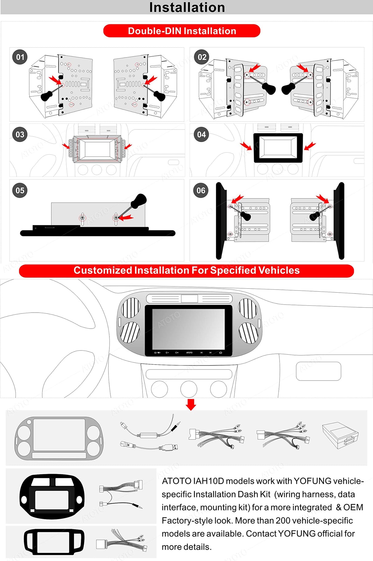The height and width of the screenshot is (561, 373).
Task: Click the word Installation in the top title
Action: (x=187, y=7)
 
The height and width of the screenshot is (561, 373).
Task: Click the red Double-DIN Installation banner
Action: (x=182, y=31)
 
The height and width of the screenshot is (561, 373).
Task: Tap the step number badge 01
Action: (x=20, y=57)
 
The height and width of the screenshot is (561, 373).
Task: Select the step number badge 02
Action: (x=202, y=57)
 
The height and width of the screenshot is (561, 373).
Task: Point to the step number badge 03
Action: (x=20, y=135)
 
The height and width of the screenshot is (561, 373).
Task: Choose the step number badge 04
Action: (x=202, y=135)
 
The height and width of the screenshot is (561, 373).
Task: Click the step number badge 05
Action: (x=20, y=191)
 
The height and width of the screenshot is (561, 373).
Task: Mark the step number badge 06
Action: (x=201, y=191)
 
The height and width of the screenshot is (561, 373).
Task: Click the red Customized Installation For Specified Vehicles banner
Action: (x=186, y=271)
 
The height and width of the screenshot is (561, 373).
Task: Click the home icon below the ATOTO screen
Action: (x=220, y=353)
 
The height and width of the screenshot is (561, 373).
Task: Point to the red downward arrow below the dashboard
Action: (x=191, y=405)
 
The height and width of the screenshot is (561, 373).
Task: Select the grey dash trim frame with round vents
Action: (x=59, y=438)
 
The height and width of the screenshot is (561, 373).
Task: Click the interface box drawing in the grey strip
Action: (x=340, y=435)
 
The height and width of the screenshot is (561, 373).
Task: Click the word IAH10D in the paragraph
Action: (x=209, y=481)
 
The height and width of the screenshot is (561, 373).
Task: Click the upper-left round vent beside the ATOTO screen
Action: (x=131, y=307)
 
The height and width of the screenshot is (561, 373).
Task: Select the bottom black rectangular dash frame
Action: (x=54, y=542)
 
